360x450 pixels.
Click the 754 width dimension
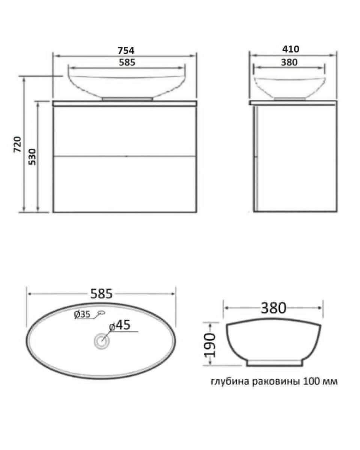126,51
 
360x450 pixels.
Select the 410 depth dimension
291,49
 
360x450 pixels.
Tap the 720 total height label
17,144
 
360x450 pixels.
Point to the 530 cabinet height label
32,157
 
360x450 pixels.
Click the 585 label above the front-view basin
127,62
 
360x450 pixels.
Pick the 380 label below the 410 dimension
289,62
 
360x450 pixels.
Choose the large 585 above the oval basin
102,294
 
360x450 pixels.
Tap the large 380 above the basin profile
273,308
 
